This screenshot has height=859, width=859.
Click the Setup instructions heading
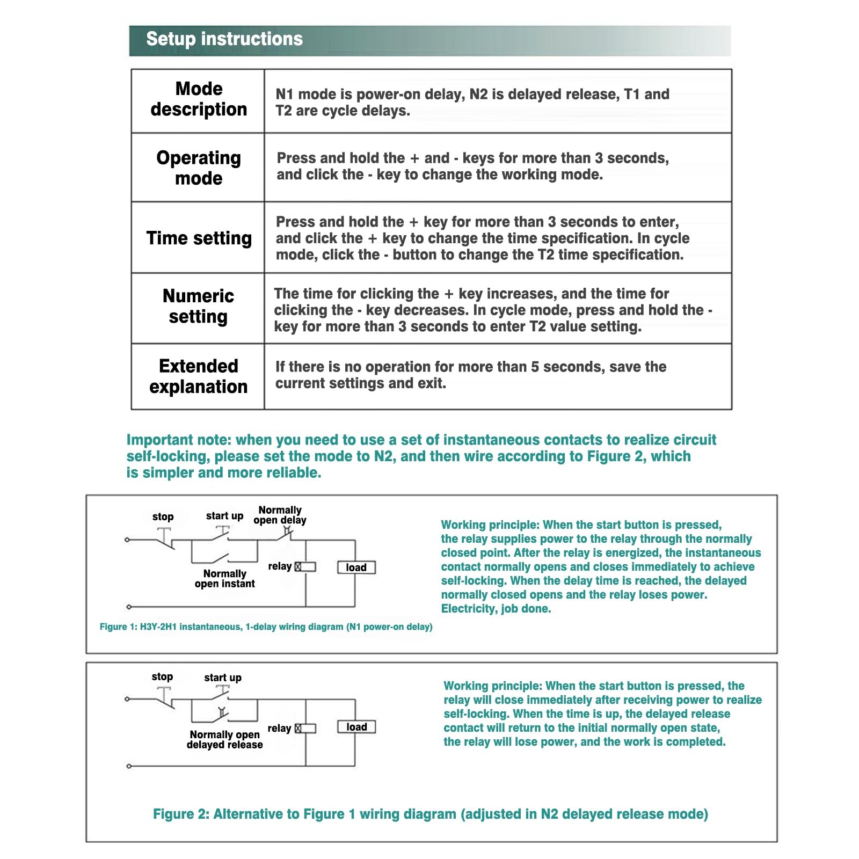(x=224, y=39)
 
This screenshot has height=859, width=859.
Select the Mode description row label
(x=199, y=99)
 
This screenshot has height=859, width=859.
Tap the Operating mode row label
(x=199, y=168)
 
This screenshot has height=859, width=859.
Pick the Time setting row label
(x=199, y=238)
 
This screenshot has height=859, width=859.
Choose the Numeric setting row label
(x=199, y=307)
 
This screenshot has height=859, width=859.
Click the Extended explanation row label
(x=199, y=376)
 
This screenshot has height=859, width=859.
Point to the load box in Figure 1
(x=356, y=567)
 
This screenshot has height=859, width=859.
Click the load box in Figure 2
(x=356, y=727)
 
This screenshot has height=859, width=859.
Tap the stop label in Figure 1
(x=163, y=516)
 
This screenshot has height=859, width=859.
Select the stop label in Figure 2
(x=162, y=676)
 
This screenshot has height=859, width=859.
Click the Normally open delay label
(x=280, y=515)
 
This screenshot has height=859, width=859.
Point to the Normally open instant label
(x=224, y=579)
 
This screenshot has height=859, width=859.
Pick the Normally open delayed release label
(x=224, y=739)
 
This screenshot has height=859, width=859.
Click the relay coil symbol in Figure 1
(x=305, y=567)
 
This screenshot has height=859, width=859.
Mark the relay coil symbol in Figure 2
(x=305, y=728)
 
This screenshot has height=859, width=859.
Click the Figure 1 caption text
(x=266, y=627)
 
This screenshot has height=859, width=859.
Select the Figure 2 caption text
(x=430, y=814)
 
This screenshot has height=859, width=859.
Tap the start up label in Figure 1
(x=224, y=516)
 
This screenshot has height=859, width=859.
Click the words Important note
(x=178, y=440)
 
